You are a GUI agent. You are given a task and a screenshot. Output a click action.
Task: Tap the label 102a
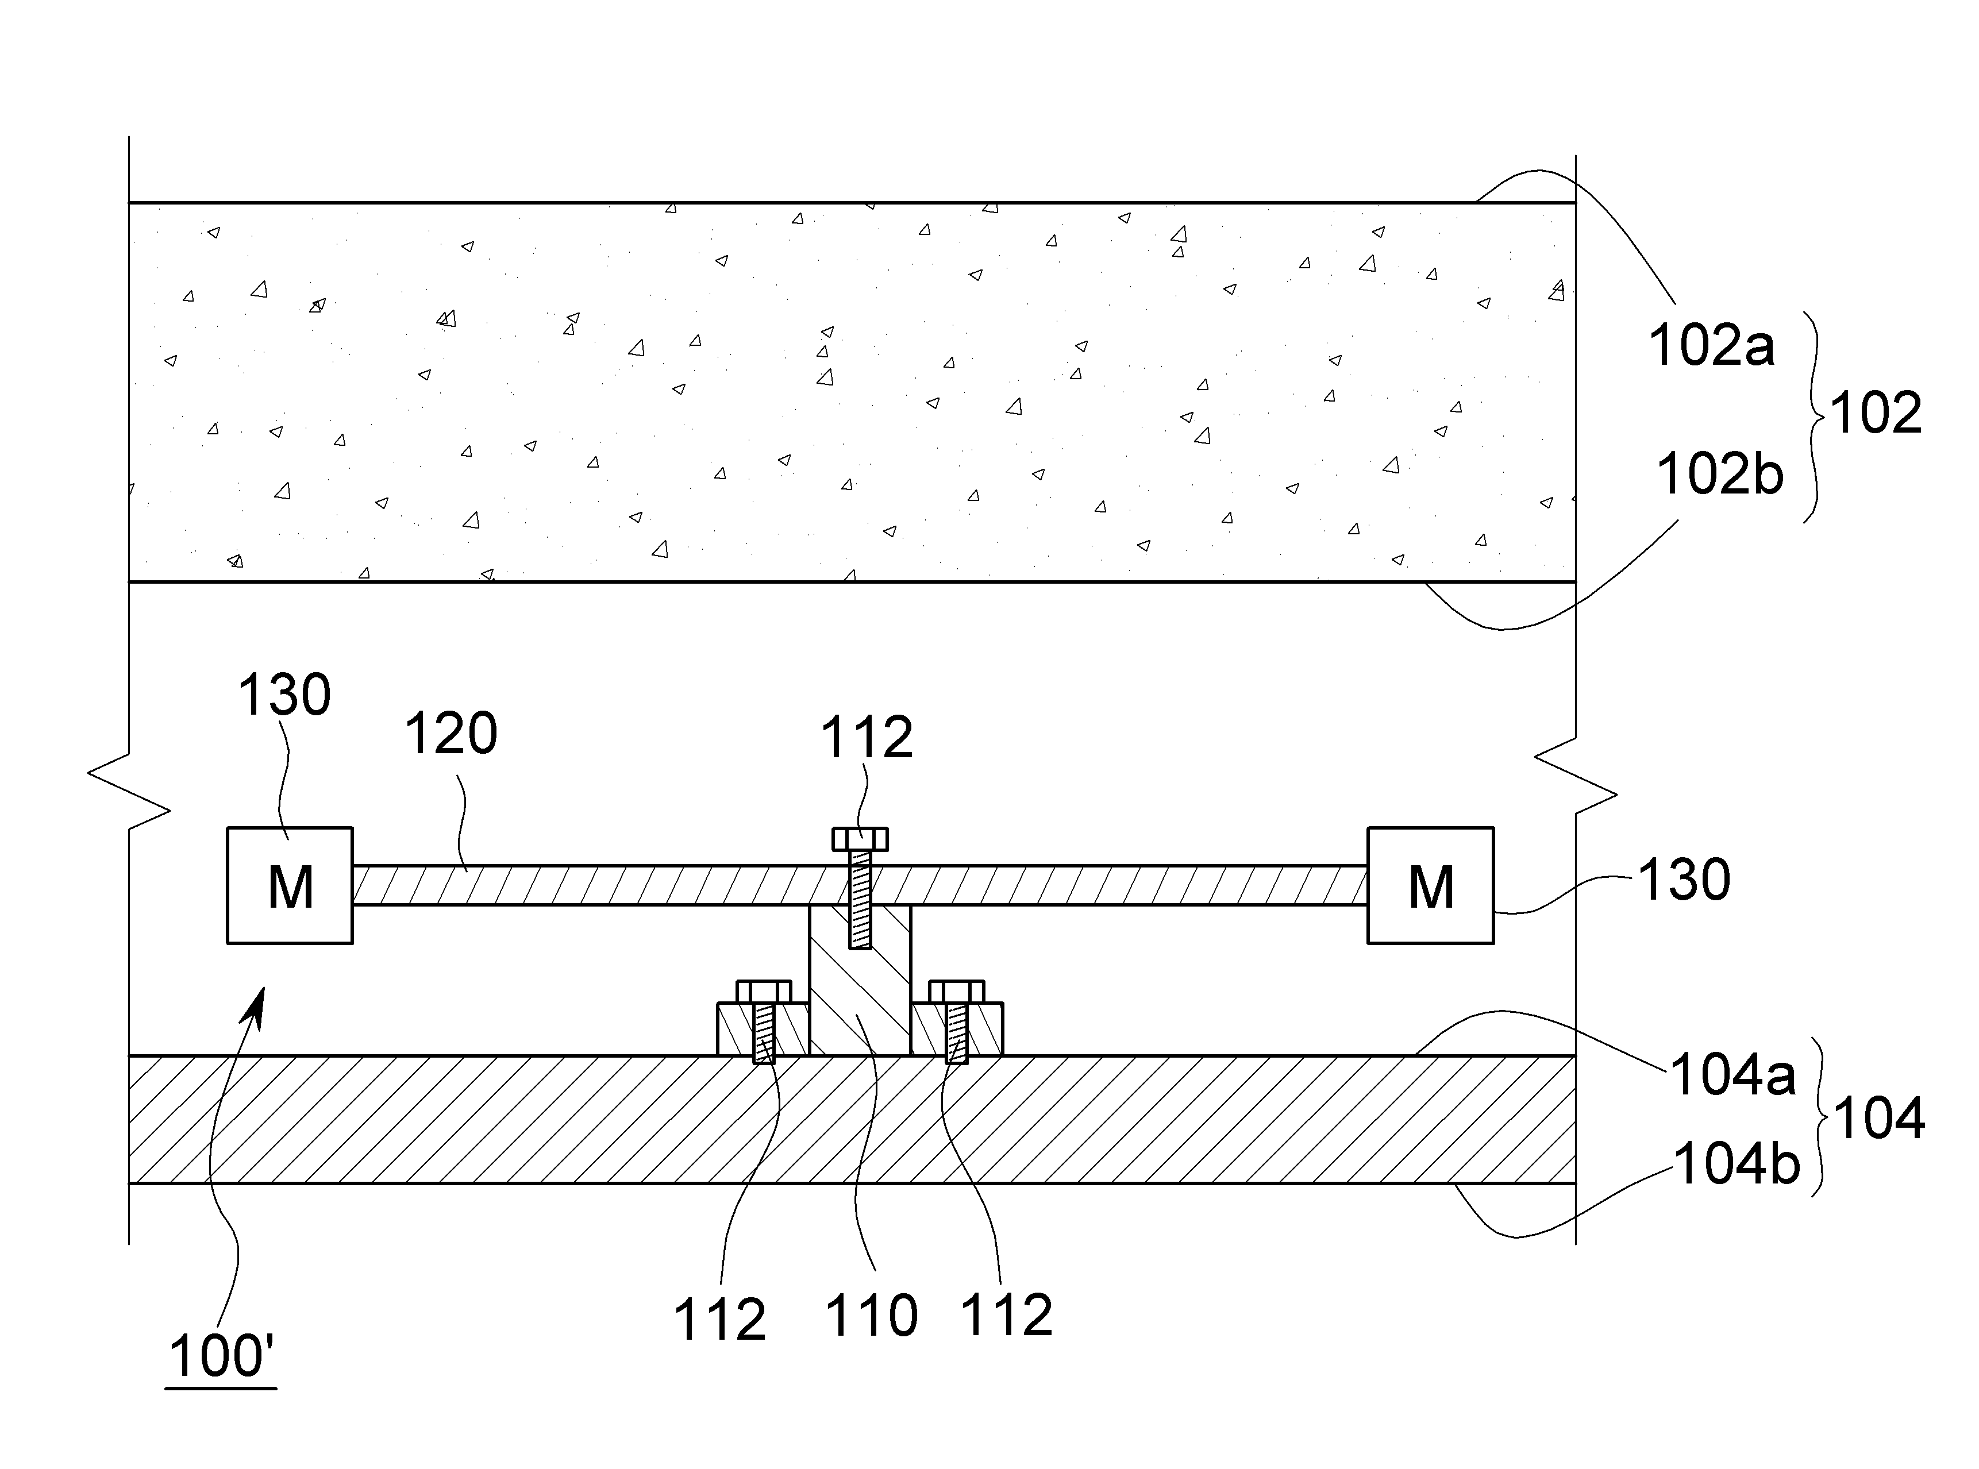point(1711,345)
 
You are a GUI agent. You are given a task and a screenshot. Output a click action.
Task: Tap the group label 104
point(1878,1118)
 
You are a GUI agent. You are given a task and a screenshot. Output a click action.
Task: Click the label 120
point(451,734)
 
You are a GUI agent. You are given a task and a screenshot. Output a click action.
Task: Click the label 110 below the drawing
point(872,1316)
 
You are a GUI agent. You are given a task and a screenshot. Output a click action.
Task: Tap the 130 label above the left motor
point(284,695)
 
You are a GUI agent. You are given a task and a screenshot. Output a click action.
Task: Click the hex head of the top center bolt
point(860,839)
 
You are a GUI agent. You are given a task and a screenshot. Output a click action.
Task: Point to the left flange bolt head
point(764,992)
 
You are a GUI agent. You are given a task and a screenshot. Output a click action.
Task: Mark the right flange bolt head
point(957,992)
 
